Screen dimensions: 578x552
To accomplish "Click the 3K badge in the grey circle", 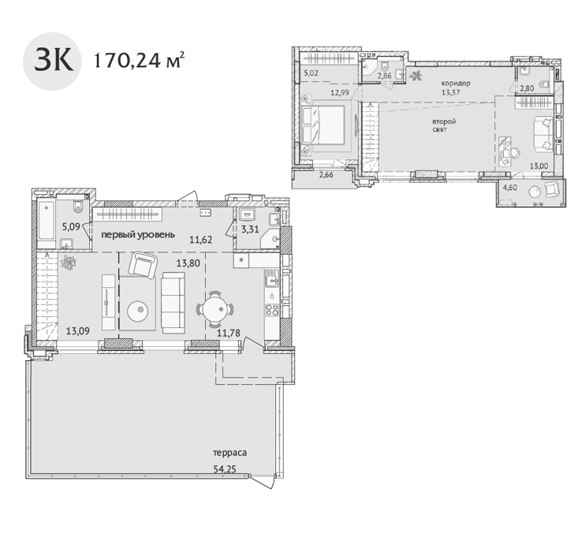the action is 53,62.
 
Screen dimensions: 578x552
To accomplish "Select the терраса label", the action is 229,453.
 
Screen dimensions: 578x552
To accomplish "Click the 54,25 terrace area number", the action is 225,469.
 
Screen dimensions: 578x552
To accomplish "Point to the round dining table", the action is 215,309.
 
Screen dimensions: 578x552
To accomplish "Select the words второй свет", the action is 443,125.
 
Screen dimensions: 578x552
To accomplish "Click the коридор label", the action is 456,83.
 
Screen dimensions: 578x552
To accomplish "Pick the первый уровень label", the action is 138,234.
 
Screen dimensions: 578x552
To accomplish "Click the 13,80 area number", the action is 188,263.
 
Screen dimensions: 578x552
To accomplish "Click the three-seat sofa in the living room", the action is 173,303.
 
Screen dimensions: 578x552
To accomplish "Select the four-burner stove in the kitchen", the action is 272,310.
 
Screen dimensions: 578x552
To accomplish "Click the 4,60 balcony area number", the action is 510,188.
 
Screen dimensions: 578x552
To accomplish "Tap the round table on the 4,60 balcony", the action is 535,192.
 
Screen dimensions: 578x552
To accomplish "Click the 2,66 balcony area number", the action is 326,175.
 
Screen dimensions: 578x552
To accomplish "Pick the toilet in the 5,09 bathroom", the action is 78,207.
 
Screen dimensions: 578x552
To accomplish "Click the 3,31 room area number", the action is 250,229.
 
